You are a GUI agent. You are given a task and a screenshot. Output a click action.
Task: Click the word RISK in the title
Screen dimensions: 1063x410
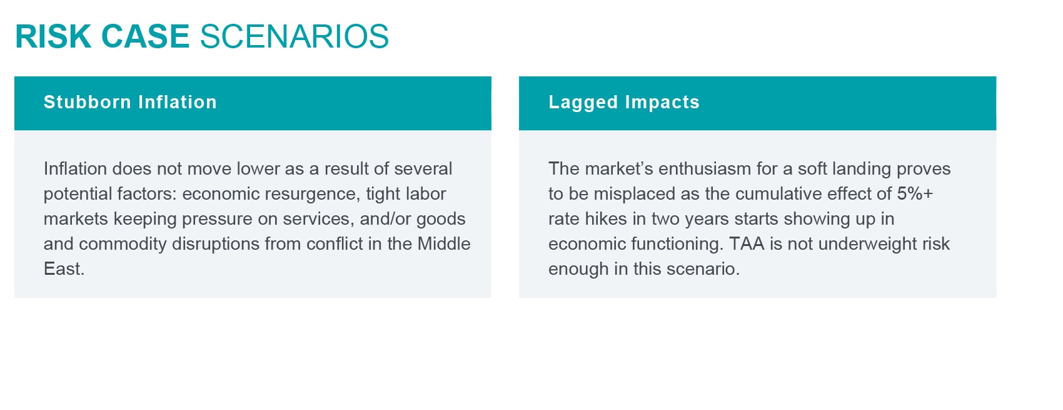[x=53, y=36]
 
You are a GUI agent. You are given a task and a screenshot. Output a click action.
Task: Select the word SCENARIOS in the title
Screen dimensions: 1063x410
[x=295, y=36]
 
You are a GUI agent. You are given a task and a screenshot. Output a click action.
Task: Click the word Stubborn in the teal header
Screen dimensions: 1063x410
[x=88, y=102]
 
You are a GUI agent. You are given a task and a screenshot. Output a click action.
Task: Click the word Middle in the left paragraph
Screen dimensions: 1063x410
[x=444, y=243]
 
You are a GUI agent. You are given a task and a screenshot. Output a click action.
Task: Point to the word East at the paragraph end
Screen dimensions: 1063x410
[x=64, y=269]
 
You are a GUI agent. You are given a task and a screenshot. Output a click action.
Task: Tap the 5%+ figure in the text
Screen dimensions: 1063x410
[x=915, y=193]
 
